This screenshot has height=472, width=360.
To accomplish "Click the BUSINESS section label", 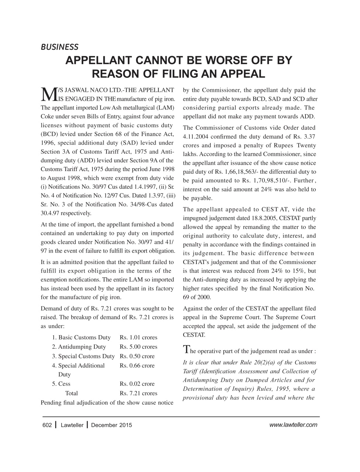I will point(59,47).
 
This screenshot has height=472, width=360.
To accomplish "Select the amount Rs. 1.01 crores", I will point(139,337).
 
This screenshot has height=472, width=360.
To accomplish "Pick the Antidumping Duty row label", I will point(79,347).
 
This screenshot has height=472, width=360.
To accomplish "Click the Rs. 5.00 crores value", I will point(139,347).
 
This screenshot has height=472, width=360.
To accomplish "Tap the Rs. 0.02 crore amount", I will point(137,383).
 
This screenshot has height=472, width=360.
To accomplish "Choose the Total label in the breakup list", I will point(71,393).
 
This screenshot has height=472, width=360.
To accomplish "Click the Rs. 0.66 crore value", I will point(137,365).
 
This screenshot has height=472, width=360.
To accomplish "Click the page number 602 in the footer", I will point(47,425).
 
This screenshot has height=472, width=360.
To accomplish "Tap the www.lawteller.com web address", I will point(293,425).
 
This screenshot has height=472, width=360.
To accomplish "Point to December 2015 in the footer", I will point(111,425).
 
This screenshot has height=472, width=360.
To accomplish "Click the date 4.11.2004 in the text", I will point(198,136).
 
